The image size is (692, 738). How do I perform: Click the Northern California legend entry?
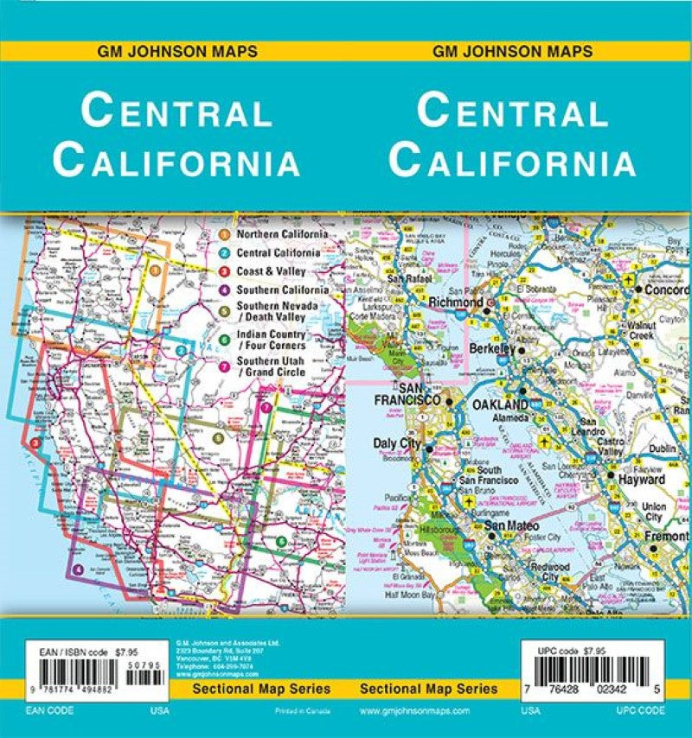(x=281, y=234)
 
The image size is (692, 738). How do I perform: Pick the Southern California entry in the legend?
(x=282, y=290)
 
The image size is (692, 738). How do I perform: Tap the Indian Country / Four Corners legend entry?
(x=271, y=340)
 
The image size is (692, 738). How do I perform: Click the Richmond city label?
(x=456, y=303)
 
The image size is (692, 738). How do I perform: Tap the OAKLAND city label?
(x=499, y=404)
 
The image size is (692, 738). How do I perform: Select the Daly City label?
(x=395, y=443)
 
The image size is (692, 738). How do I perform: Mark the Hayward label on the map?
(x=641, y=479)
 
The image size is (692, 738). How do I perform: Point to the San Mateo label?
(x=510, y=525)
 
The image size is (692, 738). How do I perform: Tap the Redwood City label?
(x=550, y=571)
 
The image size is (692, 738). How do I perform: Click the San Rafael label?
(x=409, y=279)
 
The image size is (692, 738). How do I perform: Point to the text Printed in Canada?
(x=291, y=710)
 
